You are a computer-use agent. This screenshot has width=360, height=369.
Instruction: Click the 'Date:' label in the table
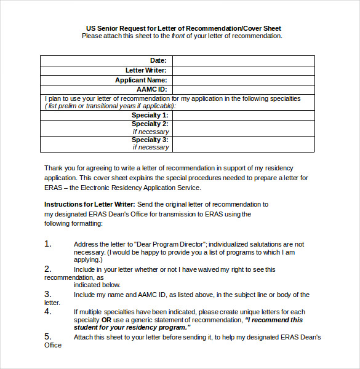(x=158, y=60)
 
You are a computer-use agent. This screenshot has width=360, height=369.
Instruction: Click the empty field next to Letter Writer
(x=243, y=70)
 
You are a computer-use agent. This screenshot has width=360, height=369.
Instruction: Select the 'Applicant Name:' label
(x=141, y=80)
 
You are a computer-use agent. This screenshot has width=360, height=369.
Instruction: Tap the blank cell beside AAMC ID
(x=243, y=89)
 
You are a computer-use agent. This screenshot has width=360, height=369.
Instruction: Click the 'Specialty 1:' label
(x=150, y=115)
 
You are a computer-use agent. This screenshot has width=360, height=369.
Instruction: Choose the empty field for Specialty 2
(x=243, y=128)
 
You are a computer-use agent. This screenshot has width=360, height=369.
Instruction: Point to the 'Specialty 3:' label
(x=150, y=140)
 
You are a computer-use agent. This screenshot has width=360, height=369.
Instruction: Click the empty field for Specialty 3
(x=243, y=144)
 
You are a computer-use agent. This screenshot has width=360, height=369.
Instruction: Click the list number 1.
(x=48, y=244)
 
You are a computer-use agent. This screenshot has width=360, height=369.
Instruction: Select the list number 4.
(x=48, y=312)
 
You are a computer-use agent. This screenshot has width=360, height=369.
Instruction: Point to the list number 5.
(x=48, y=337)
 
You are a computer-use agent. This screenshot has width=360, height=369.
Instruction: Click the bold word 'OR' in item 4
(x=106, y=320)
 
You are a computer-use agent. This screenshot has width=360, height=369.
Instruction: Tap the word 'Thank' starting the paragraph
(x=54, y=168)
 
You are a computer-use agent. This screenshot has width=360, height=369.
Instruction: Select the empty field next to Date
(x=243, y=60)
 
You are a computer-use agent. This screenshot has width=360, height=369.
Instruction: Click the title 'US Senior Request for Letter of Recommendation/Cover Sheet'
(x=183, y=28)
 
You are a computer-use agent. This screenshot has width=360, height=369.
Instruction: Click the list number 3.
(x=48, y=295)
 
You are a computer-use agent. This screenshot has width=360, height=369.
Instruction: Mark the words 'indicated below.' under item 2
(x=97, y=285)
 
